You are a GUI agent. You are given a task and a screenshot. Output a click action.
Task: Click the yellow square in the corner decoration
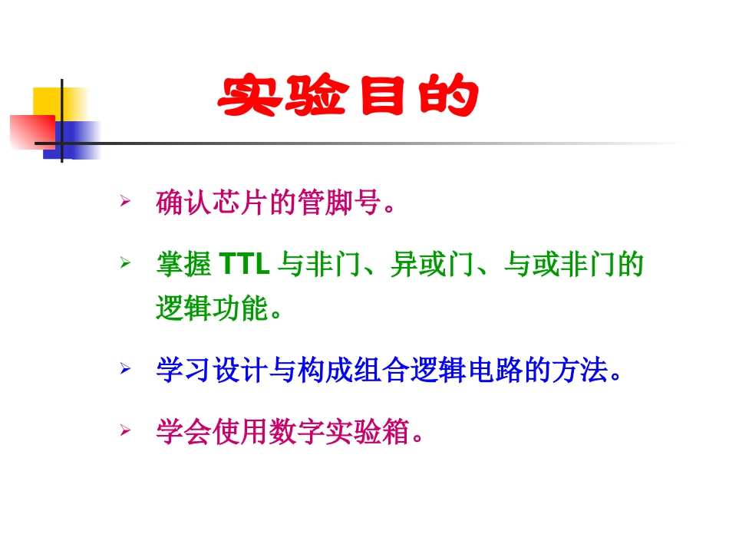pos(48,101)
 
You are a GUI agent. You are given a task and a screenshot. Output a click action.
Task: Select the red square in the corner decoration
pos(31,130)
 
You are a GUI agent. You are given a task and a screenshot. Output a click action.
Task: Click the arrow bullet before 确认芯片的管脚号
pos(124,202)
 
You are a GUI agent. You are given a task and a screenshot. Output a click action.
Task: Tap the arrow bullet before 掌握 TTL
pos(124,263)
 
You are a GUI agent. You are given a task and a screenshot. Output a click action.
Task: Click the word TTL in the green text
pos(244,265)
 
